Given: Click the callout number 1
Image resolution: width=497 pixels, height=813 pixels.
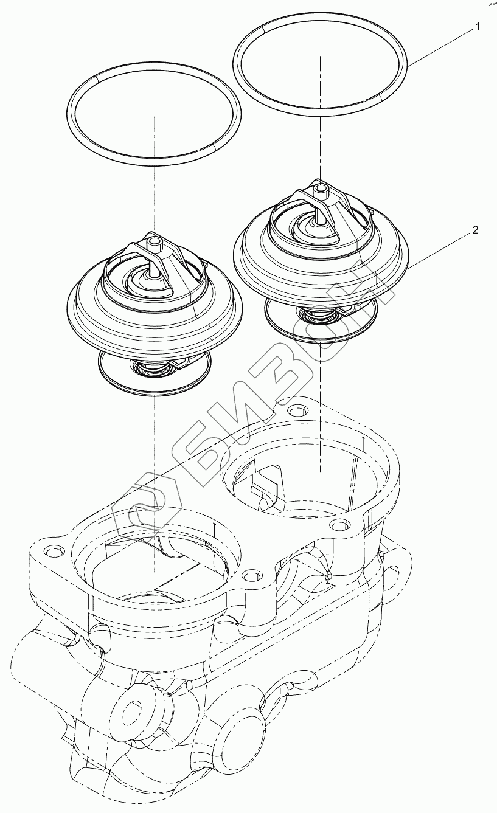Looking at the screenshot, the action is pyautogui.click(x=478, y=27).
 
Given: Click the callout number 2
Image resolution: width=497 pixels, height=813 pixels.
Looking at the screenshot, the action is pyautogui.click(x=475, y=230).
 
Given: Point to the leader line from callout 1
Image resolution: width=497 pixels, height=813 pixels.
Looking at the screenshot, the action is pyautogui.click(x=439, y=48).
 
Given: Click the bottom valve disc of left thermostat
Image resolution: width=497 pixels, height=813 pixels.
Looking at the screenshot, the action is pyautogui.click(x=155, y=373).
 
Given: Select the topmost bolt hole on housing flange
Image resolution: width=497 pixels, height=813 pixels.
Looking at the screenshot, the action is pyautogui.click(x=297, y=411).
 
